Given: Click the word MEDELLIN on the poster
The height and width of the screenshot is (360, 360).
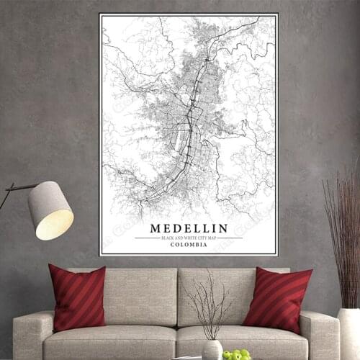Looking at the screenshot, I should (189, 228).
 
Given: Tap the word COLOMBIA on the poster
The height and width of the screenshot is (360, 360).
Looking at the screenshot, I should (189, 245).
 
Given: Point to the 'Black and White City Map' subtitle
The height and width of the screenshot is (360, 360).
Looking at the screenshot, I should (189, 237).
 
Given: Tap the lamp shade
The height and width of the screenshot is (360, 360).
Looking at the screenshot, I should (50, 210).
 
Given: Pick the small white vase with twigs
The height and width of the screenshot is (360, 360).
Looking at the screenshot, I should (212, 349).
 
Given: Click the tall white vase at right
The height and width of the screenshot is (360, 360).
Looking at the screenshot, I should (348, 335).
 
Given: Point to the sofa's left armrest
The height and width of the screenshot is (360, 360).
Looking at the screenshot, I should (29, 331).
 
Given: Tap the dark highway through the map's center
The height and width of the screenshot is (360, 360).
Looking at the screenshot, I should (189, 122).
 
